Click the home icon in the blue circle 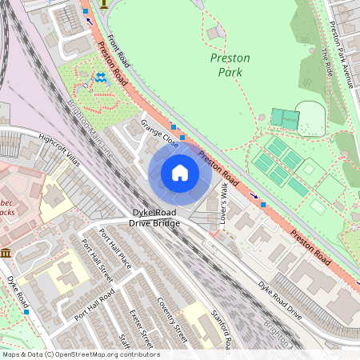(x=180, y=173)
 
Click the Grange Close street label (x=159, y=134)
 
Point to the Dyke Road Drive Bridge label (x=156, y=218)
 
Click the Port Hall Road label (x=94, y=303)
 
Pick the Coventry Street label (x=171, y=319)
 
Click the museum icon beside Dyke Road (x=7, y=253)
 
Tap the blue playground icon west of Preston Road (x=101, y=78)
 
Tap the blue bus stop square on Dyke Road (x=28, y=312)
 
